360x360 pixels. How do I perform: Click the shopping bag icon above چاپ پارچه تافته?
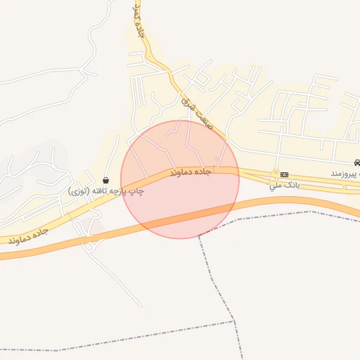105,180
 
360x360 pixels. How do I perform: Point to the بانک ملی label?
284,186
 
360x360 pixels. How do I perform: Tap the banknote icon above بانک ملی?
284,174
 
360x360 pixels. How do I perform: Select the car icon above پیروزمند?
356,162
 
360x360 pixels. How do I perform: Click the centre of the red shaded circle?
180,179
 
